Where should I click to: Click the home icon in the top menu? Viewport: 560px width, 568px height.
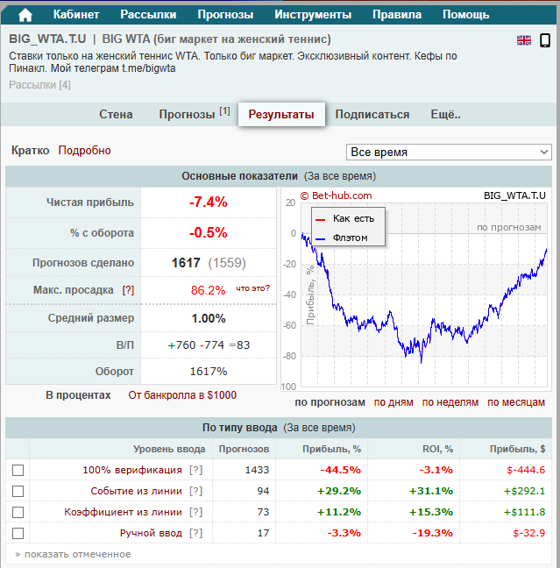point(25,15)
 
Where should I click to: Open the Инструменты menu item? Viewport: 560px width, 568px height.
point(313,15)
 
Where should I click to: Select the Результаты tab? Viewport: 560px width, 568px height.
point(281,115)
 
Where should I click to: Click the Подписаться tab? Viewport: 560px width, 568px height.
point(372,115)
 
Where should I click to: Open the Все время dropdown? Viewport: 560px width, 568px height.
point(449,153)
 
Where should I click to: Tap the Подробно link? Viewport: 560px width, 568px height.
point(85,151)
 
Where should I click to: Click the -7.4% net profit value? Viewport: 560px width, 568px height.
point(209,202)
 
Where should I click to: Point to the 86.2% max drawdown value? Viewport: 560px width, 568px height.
point(209,290)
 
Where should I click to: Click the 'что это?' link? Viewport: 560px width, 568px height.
point(253,288)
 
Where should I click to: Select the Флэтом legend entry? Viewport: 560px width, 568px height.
point(350,238)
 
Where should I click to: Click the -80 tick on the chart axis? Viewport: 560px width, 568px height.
point(289,357)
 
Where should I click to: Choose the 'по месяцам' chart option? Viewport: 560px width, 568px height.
point(517,402)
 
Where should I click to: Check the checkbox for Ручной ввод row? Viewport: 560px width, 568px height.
point(18,533)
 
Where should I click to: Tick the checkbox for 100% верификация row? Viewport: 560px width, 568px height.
point(18,470)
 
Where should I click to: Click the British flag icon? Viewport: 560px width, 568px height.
point(524,40)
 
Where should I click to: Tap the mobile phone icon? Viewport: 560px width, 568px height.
point(544,40)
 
